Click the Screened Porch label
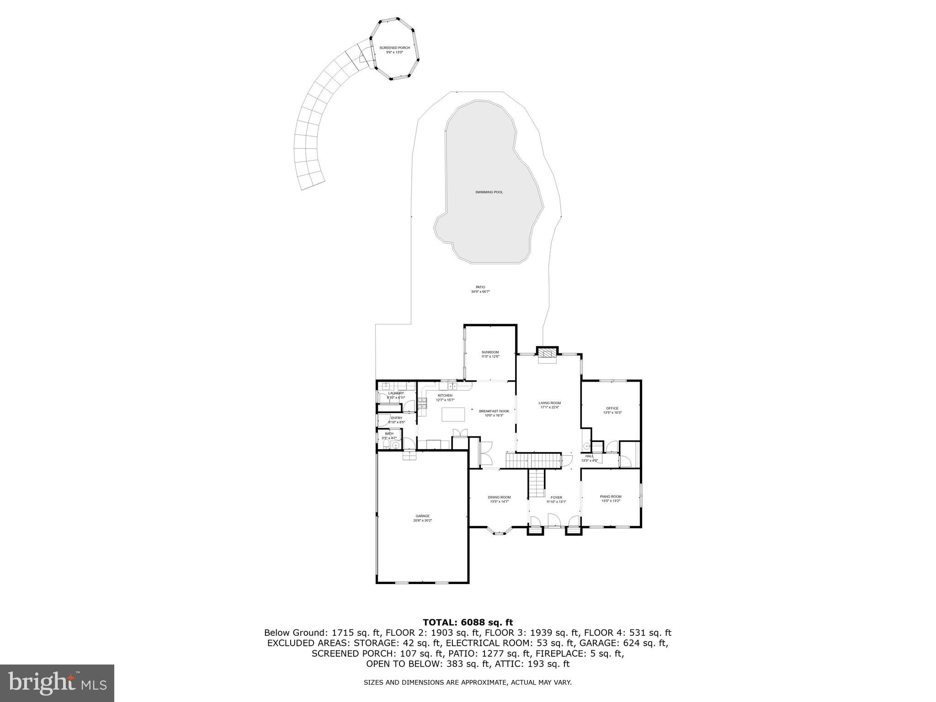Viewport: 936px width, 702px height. pos(394,48)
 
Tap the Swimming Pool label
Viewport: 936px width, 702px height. pos(489,192)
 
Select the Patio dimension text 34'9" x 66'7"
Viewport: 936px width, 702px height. pos(480,292)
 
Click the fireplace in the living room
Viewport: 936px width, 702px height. pos(547,353)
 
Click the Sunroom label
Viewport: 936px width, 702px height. pos(490,352)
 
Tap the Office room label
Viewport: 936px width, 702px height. pos(612,408)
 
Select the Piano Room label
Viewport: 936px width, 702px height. pos(611,496)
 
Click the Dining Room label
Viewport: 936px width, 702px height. pos(499,497)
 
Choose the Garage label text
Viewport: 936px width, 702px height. pos(422,516)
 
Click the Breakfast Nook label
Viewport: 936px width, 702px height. pos(494,411)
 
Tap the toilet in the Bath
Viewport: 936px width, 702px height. pos(386,443)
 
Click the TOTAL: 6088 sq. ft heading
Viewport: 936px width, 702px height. pos(468,622)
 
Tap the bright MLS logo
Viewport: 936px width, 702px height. pos(57,683)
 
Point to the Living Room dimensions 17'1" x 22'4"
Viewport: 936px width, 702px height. pos(550,407)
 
